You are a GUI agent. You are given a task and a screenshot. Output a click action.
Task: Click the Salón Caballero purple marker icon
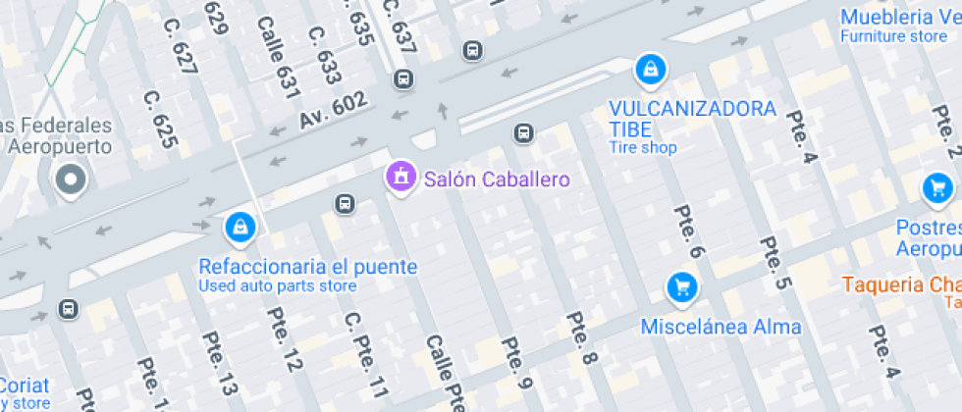click(x=400, y=178)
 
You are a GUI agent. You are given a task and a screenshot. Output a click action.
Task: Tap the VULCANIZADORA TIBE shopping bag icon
click(x=649, y=70)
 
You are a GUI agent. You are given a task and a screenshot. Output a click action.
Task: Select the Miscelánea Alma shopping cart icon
click(x=681, y=287)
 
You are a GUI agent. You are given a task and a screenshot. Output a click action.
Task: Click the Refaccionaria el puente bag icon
click(x=240, y=228)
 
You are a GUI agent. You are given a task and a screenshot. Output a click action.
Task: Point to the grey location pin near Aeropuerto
click(x=71, y=180)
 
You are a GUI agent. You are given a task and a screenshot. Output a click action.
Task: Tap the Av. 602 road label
click(x=334, y=110)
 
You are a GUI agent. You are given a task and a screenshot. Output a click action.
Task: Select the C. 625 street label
click(x=160, y=120)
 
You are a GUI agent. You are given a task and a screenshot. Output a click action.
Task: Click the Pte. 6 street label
click(x=689, y=232)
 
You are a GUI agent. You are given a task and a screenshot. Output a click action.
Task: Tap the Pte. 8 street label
click(x=583, y=342)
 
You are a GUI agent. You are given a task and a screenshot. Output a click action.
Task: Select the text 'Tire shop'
click(x=643, y=148)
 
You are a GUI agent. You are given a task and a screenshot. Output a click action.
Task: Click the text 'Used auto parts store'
click(x=278, y=286)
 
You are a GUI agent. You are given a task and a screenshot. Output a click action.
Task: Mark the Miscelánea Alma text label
click(x=721, y=327)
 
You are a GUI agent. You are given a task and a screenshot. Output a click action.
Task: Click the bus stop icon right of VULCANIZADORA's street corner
click(x=524, y=132)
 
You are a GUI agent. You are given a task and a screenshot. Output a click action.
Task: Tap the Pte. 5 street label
click(x=775, y=262)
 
